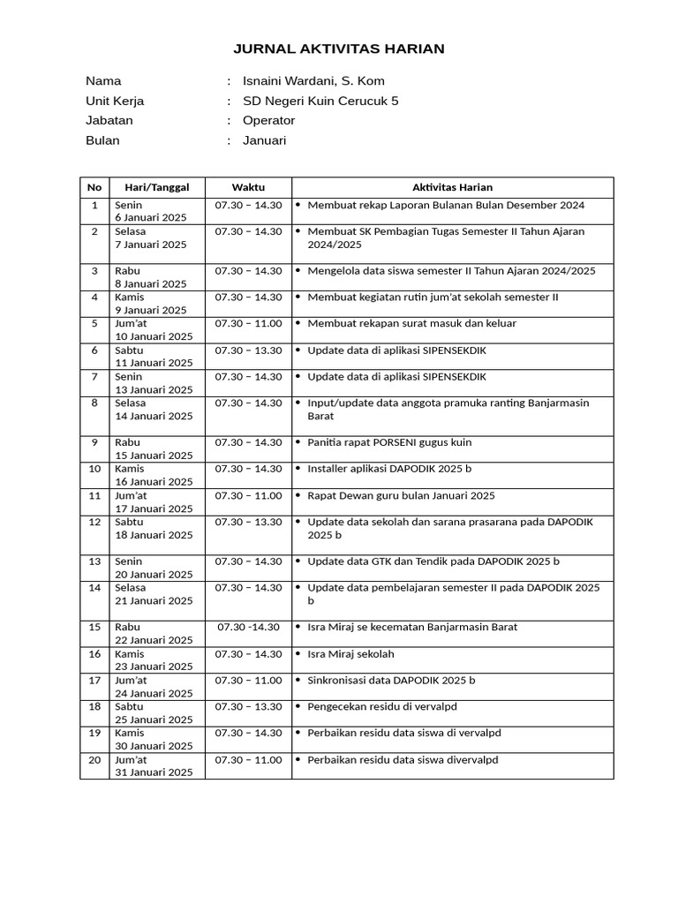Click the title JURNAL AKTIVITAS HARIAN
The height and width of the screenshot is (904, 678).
coord(339,49)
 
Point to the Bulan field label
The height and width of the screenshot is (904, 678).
coord(102,140)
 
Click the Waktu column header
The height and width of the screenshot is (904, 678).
coord(248,187)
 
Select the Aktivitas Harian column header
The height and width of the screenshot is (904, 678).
coord(452,187)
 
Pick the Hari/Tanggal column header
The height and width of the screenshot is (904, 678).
coord(157,187)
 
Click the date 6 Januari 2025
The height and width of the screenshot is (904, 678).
coord(150,218)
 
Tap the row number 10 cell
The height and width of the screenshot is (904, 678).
coord(94,469)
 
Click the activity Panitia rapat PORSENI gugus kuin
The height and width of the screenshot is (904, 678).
coord(389,442)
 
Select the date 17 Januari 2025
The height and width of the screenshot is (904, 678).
coord(154,508)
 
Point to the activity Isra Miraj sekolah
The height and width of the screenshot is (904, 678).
coord(350,654)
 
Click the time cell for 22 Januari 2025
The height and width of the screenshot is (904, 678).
coord(248,628)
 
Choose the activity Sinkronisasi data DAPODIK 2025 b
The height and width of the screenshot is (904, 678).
coord(391,681)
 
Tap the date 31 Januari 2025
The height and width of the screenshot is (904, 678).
coord(154,772)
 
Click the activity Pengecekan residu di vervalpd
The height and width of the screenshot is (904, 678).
coord(381,707)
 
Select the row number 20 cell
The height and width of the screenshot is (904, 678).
coord(94,760)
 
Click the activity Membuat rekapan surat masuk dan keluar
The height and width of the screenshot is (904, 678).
coord(411,324)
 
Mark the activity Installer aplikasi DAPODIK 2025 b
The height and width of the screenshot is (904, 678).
coord(389,469)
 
